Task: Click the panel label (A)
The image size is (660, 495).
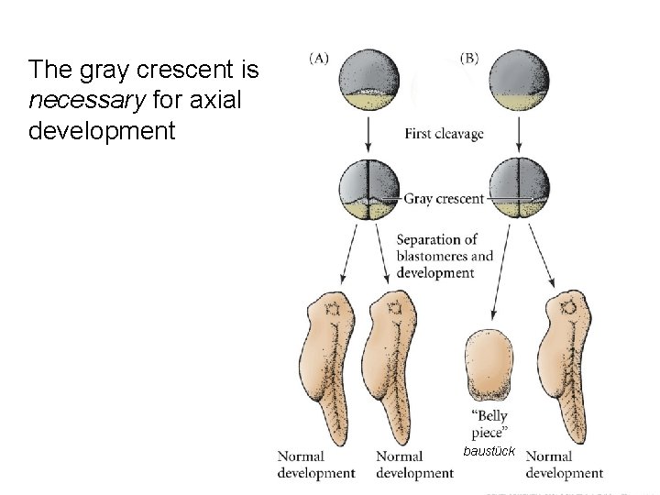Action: coord(318,58)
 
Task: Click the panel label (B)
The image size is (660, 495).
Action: coord(467,58)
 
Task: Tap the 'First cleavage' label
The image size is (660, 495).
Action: coord(444,135)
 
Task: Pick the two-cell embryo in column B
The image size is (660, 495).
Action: coord(520,190)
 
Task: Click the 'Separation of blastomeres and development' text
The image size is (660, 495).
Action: coord(444,256)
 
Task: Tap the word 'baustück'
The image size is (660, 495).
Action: coord(492,452)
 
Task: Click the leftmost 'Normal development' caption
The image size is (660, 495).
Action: coord(316,465)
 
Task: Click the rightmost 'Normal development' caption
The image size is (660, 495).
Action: coord(564,465)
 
